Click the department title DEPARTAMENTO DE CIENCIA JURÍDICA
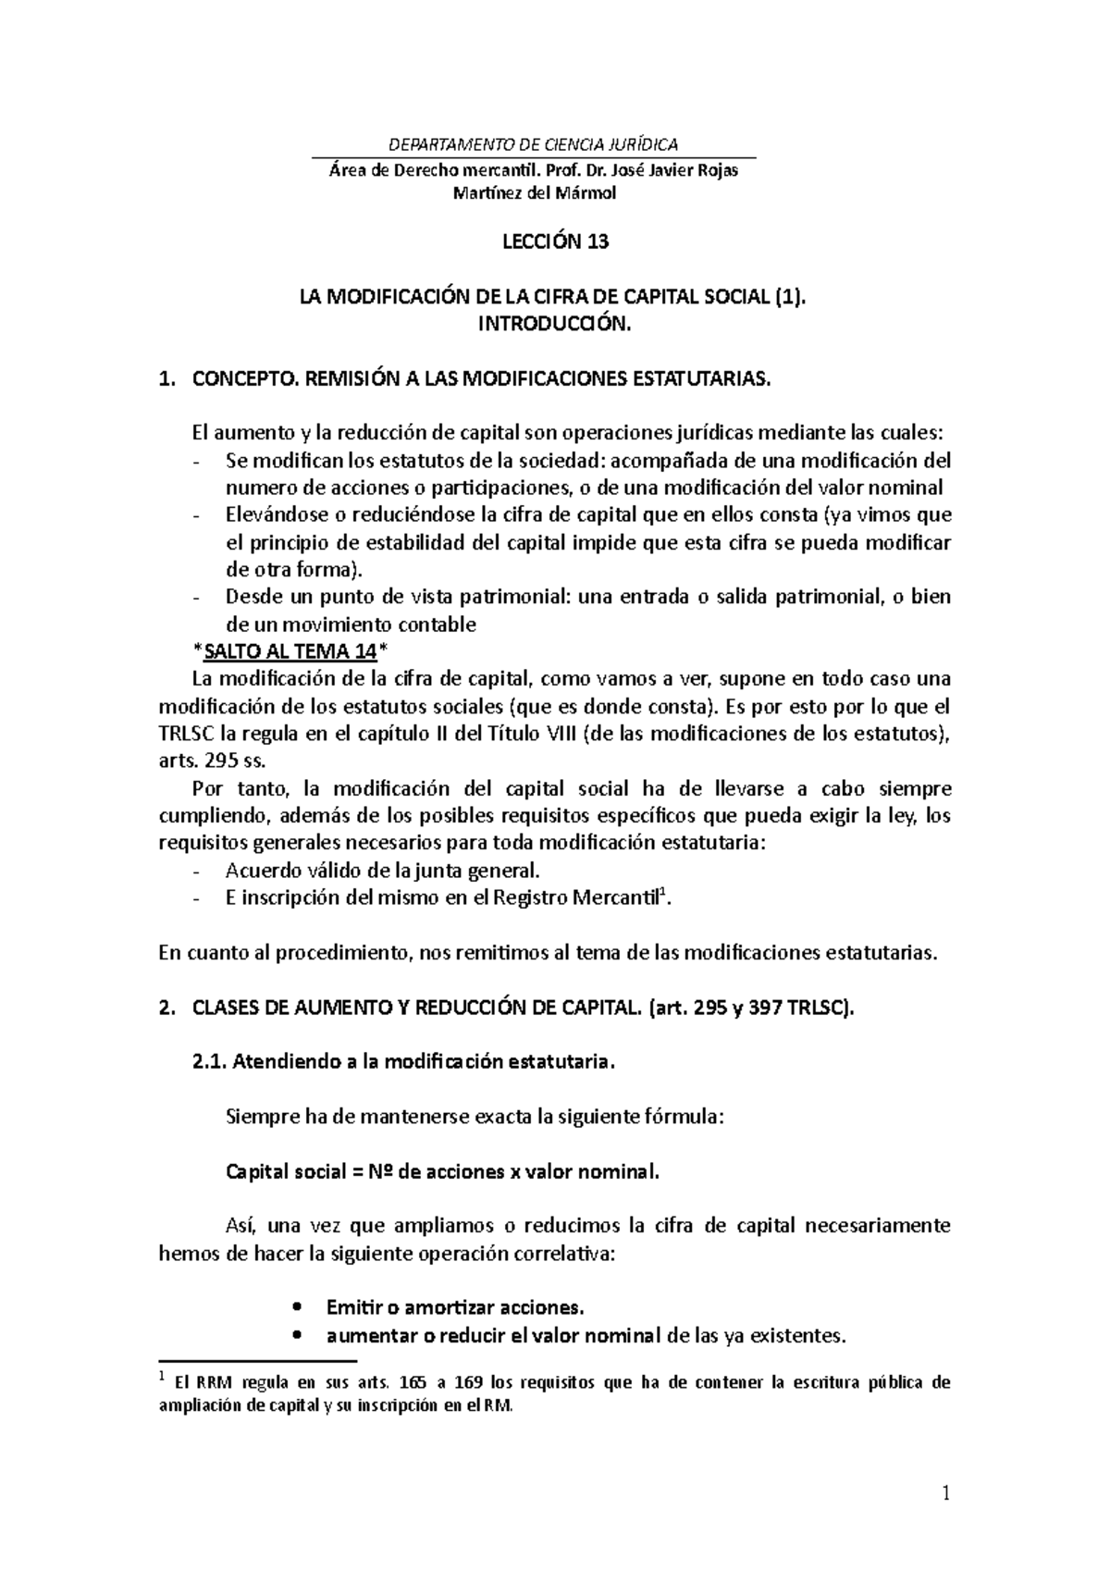click(x=534, y=144)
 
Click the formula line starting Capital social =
click(x=444, y=1172)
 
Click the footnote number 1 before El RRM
click(x=163, y=1379)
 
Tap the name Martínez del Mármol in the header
click(x=533, y=193)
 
